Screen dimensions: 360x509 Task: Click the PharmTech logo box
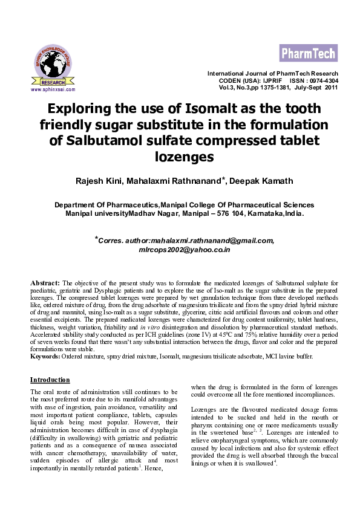[x=308, y=54]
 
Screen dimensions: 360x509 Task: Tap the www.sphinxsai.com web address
[x=53, y=89]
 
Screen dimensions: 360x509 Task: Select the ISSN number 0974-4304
[x=324, y=80]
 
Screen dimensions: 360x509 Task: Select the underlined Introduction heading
[x=50, y=380]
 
